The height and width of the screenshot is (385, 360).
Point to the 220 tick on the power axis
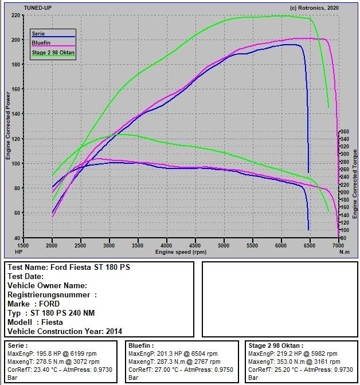(16, 15)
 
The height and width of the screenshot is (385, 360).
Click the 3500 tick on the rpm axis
(138, 245)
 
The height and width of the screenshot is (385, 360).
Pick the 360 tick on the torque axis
(345, 132)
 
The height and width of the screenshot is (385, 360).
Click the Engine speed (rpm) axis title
(181, 252)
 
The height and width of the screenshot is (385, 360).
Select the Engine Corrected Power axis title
(8, 125)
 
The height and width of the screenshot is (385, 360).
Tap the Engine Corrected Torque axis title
(355, 184)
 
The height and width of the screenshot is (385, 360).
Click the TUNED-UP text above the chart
(38, 8)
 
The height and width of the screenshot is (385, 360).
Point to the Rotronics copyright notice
(314, 8)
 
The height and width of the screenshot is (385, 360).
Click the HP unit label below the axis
(19, 252)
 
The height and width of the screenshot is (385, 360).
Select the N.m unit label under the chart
(345, 252)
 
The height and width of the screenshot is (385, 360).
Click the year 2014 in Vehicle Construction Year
(114, 331)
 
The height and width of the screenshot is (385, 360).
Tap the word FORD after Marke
(49, 304)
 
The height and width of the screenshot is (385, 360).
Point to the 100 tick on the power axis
(16, 163)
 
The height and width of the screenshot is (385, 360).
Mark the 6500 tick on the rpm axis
(310, 245)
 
